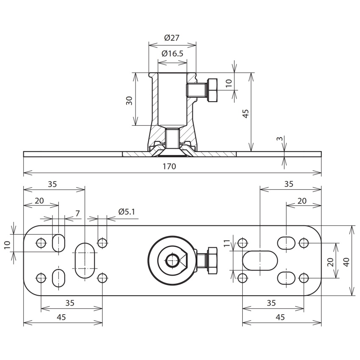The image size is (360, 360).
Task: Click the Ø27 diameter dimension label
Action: (172, 38)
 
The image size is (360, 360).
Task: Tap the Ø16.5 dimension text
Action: (172, 54)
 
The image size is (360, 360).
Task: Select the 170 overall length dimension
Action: (169, 166)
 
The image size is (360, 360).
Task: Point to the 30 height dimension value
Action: (130, 100)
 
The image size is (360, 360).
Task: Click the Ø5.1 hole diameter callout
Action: (127, 212)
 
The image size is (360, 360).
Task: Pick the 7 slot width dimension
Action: (78, 213)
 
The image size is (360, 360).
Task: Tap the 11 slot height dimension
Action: (227, 243)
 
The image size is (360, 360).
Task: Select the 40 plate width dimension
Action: (346, 262)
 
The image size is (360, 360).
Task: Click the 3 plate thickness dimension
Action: (280, 139)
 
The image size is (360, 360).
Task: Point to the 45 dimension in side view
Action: (246, 114)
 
